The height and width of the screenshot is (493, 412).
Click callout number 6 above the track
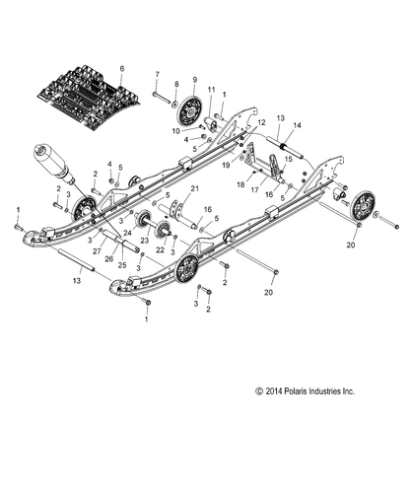pos(121,68)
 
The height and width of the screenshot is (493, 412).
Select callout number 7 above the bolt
pos(155,74)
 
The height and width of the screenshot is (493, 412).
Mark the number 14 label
pos(271,125)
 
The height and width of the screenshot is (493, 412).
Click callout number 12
pos(261,121)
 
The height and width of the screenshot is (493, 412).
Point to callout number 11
pos(210,90)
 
